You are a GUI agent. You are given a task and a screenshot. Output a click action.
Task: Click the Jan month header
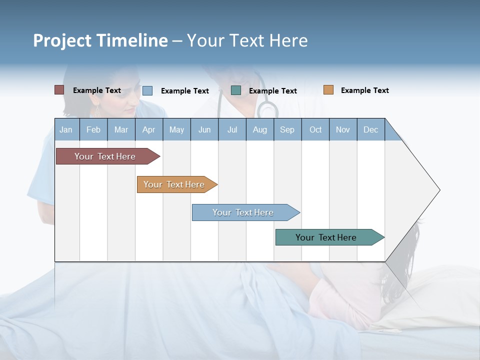pyautogui.click(x=66, y=129)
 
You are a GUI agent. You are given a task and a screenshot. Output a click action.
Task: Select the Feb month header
pyautogui.click(x=93, y=129)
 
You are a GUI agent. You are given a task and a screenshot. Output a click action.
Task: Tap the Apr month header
pyautogui.click(x=149, y=129)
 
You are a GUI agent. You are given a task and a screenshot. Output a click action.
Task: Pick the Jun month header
pyautogui.click(x=204, y=129)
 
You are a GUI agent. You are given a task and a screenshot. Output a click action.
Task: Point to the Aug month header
pyautogui.click(x=260, y=129)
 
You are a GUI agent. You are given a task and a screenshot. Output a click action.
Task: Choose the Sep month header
pyautogui.click(x=287, y=129)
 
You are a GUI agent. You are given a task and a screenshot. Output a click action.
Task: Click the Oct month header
pyautogui.click(x=315, y=129)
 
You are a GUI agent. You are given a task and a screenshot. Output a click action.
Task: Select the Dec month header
pyautogui.click(x=371, y=129)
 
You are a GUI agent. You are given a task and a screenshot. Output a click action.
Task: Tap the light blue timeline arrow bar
pyautogui.click(x=243, y=212)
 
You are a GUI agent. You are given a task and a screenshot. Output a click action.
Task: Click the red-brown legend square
pyautogui.click(x=59, y=90)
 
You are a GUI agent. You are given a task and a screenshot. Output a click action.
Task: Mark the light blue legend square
pyautogui.click(x=147, y=90)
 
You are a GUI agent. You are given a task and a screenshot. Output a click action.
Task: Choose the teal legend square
pyautogui.click(x=236, y=90)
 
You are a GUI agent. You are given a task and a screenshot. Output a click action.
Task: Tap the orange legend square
pyautogui.click(x=328, y=90)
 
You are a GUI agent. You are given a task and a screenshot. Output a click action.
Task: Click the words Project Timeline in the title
pyautogui.click(x=100, y=40)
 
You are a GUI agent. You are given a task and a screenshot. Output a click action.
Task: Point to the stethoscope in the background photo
pyautogui.click(x=267, y=105)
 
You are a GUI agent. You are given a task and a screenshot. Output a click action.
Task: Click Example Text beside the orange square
pyautogui.click(x=364, y=90)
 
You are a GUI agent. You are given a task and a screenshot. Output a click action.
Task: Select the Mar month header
pyautogui.click(x=121, y=129)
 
